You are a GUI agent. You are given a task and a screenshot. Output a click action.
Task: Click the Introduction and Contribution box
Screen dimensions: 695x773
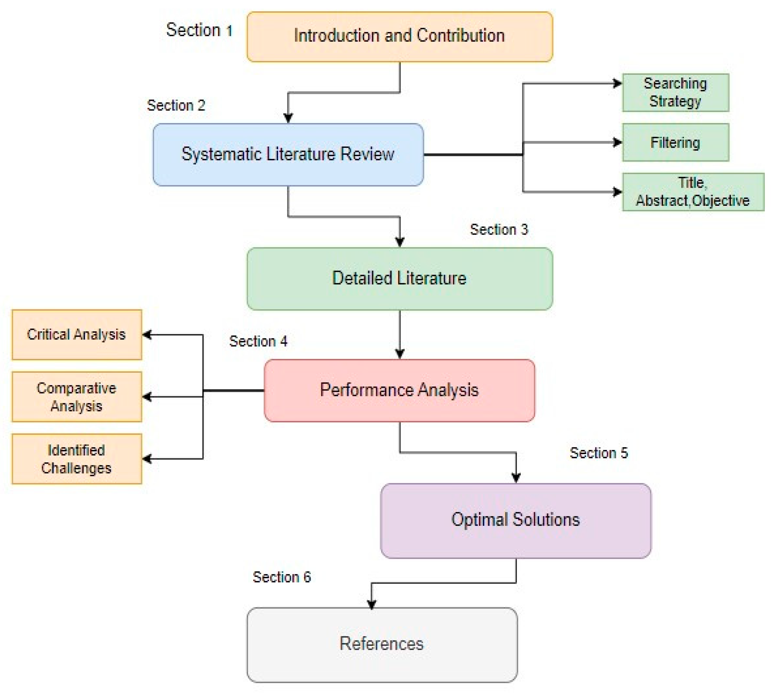[x=399, y=37]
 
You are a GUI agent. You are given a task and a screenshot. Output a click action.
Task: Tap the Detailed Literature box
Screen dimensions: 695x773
[x=399, y=278]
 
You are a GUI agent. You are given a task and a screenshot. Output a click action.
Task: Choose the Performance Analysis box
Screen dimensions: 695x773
[x=399, y=390]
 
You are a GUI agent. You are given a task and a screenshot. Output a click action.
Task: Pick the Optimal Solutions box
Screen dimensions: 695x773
[x=516, y=520]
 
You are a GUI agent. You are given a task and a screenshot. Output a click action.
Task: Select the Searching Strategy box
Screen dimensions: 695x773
[x=675, y=92]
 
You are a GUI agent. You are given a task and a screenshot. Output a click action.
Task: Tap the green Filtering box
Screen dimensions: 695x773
[x=675, y=143]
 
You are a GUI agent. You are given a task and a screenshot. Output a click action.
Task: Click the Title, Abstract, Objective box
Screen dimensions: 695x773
[x=693, y=192]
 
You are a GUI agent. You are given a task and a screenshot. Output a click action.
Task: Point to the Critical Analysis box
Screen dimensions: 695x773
[x=77, y=335]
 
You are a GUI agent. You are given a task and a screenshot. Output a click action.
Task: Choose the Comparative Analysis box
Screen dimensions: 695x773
[x=77, y=397]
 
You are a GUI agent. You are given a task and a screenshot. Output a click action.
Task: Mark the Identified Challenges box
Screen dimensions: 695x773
[x=77, y=459]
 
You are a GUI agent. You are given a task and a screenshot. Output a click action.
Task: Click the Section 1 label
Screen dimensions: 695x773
[x=199, y=30]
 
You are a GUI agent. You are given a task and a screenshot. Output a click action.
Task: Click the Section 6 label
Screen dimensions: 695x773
[x=282, y=577]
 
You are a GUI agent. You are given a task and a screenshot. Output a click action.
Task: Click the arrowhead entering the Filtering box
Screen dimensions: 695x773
[x=617, y=143]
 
